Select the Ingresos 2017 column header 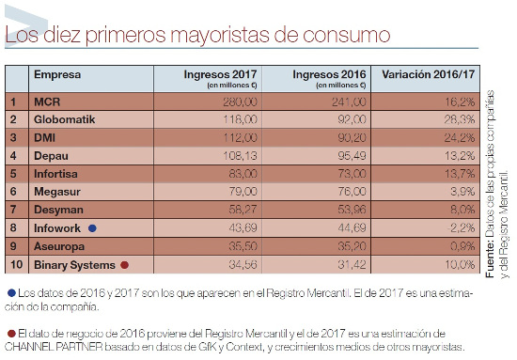(x=219, y=74)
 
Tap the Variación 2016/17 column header (x=424, y=74)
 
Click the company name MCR (x=46, y=101)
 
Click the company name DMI (x=44, y=137)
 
